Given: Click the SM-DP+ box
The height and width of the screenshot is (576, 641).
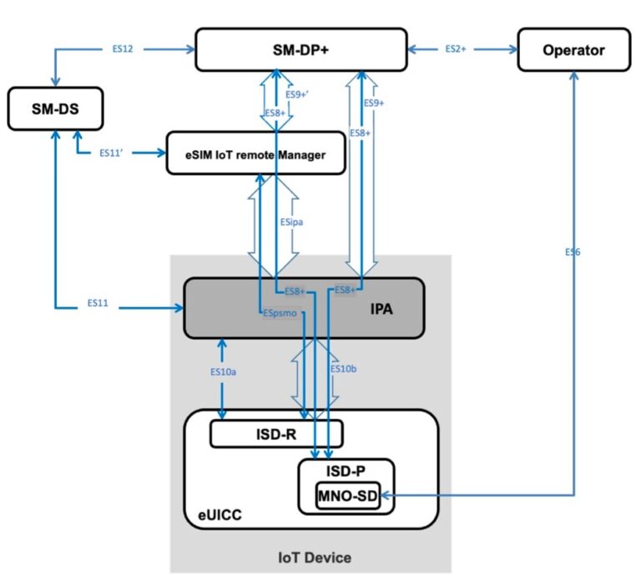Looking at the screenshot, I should (300, 49).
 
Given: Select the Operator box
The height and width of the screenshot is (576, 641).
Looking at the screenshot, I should (573, 50).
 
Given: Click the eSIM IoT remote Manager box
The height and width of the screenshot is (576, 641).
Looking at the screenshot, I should (255, 154).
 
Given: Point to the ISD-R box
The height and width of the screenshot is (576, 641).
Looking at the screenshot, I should (275, 433).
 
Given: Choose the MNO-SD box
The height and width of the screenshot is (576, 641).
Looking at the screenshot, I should (346, 497).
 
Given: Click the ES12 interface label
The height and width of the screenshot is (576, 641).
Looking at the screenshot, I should (122, 49).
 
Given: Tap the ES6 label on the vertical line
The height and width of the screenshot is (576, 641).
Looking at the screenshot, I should (572, 251).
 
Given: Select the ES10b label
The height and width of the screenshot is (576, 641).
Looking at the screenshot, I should (343, 368).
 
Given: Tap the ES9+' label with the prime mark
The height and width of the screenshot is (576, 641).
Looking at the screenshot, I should (299, 93).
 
